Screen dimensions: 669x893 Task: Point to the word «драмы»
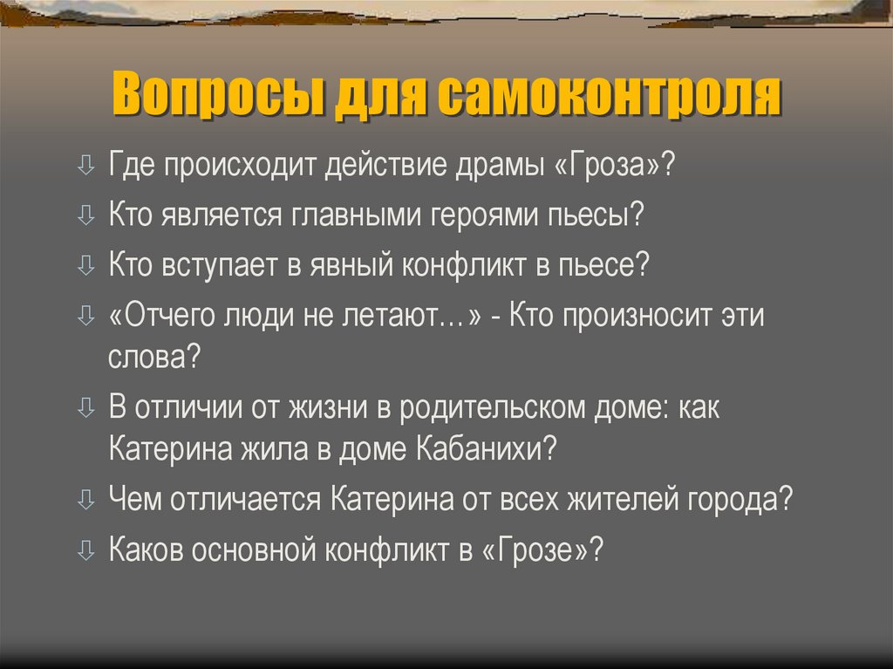[x=492, y=165]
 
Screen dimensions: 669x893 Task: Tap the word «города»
[x=739, y=501]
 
